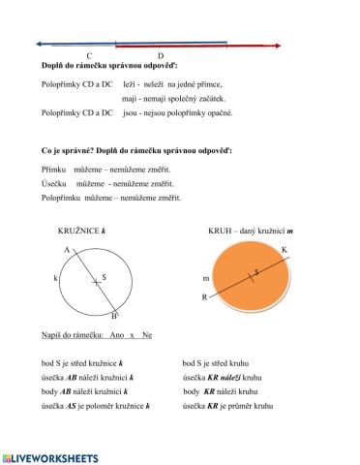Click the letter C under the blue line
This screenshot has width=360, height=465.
[89, 56]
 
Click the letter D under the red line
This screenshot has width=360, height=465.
[160, 56]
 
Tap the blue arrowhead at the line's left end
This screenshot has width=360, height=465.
[40, 44]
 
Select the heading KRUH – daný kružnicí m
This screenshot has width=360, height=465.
[251, 232]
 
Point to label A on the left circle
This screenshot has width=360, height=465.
[68, 250]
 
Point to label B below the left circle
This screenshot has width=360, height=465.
[114, 316]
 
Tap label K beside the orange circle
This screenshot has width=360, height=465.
[284, 251]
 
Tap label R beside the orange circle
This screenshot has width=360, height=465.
[204, 297]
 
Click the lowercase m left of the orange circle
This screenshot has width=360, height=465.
[205, 279]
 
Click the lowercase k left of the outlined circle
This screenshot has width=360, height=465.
[55, 278]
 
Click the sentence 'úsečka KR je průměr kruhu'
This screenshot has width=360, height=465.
[227, 407]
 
